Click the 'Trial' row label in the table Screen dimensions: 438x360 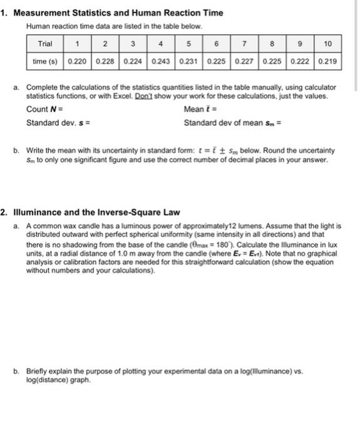[x=45, y=44]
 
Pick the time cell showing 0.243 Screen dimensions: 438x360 [x=162, y=62]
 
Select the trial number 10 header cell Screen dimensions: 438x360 [x=329, y=44]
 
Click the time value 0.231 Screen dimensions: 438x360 [x=189, y=62]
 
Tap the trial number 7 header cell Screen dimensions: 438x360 [x=245, y=44]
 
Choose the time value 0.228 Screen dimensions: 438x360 [x=105, y=62]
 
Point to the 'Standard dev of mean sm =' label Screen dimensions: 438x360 [x=232, y=122]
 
